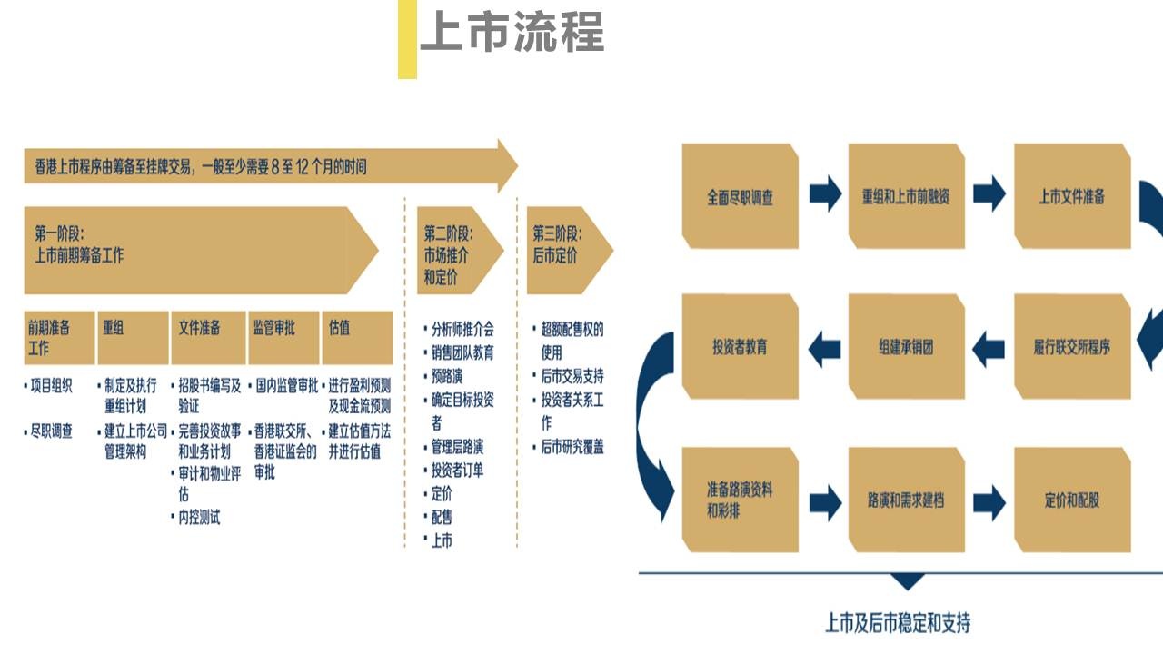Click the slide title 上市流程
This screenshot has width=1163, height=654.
point(512,34)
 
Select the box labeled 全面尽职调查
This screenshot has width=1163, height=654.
point(741,196)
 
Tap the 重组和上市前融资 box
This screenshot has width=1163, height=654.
point(906,196)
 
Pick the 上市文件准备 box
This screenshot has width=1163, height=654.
point(1072,196)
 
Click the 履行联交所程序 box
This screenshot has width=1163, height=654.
point(1072,347)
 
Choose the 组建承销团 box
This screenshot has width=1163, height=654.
point(906,347)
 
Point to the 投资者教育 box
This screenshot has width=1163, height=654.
point(741,347)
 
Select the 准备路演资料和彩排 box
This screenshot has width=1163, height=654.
point(741,499)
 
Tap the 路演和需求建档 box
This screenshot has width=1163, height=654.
point(906,499)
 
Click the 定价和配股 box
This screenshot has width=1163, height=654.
point(1072,499)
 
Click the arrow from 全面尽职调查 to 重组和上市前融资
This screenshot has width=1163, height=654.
point(825,193)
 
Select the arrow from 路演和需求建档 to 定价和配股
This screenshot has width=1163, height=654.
point(989,500)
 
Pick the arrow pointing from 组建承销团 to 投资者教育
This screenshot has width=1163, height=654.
point(825,347)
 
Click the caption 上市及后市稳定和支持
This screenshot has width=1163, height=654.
point(898,623)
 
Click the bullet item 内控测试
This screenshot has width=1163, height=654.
point(198,518)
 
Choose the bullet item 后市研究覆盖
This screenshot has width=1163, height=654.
point(572,447)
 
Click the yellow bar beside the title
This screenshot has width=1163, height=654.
point(407,39)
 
